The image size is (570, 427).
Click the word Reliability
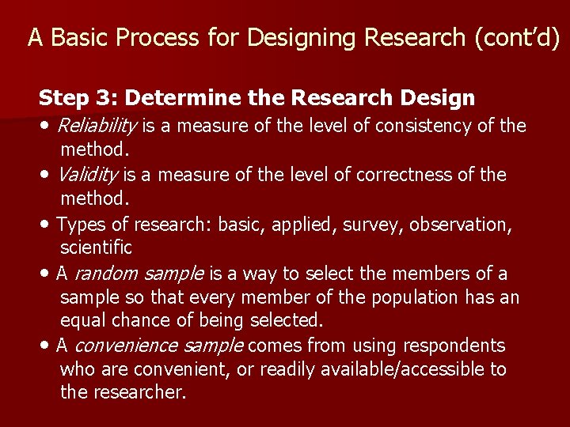coord(98,126)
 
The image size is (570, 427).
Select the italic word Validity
coord(89,175)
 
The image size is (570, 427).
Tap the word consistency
coord(422,126)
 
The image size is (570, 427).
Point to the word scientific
coord(96,248)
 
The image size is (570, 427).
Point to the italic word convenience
coord(127,346)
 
